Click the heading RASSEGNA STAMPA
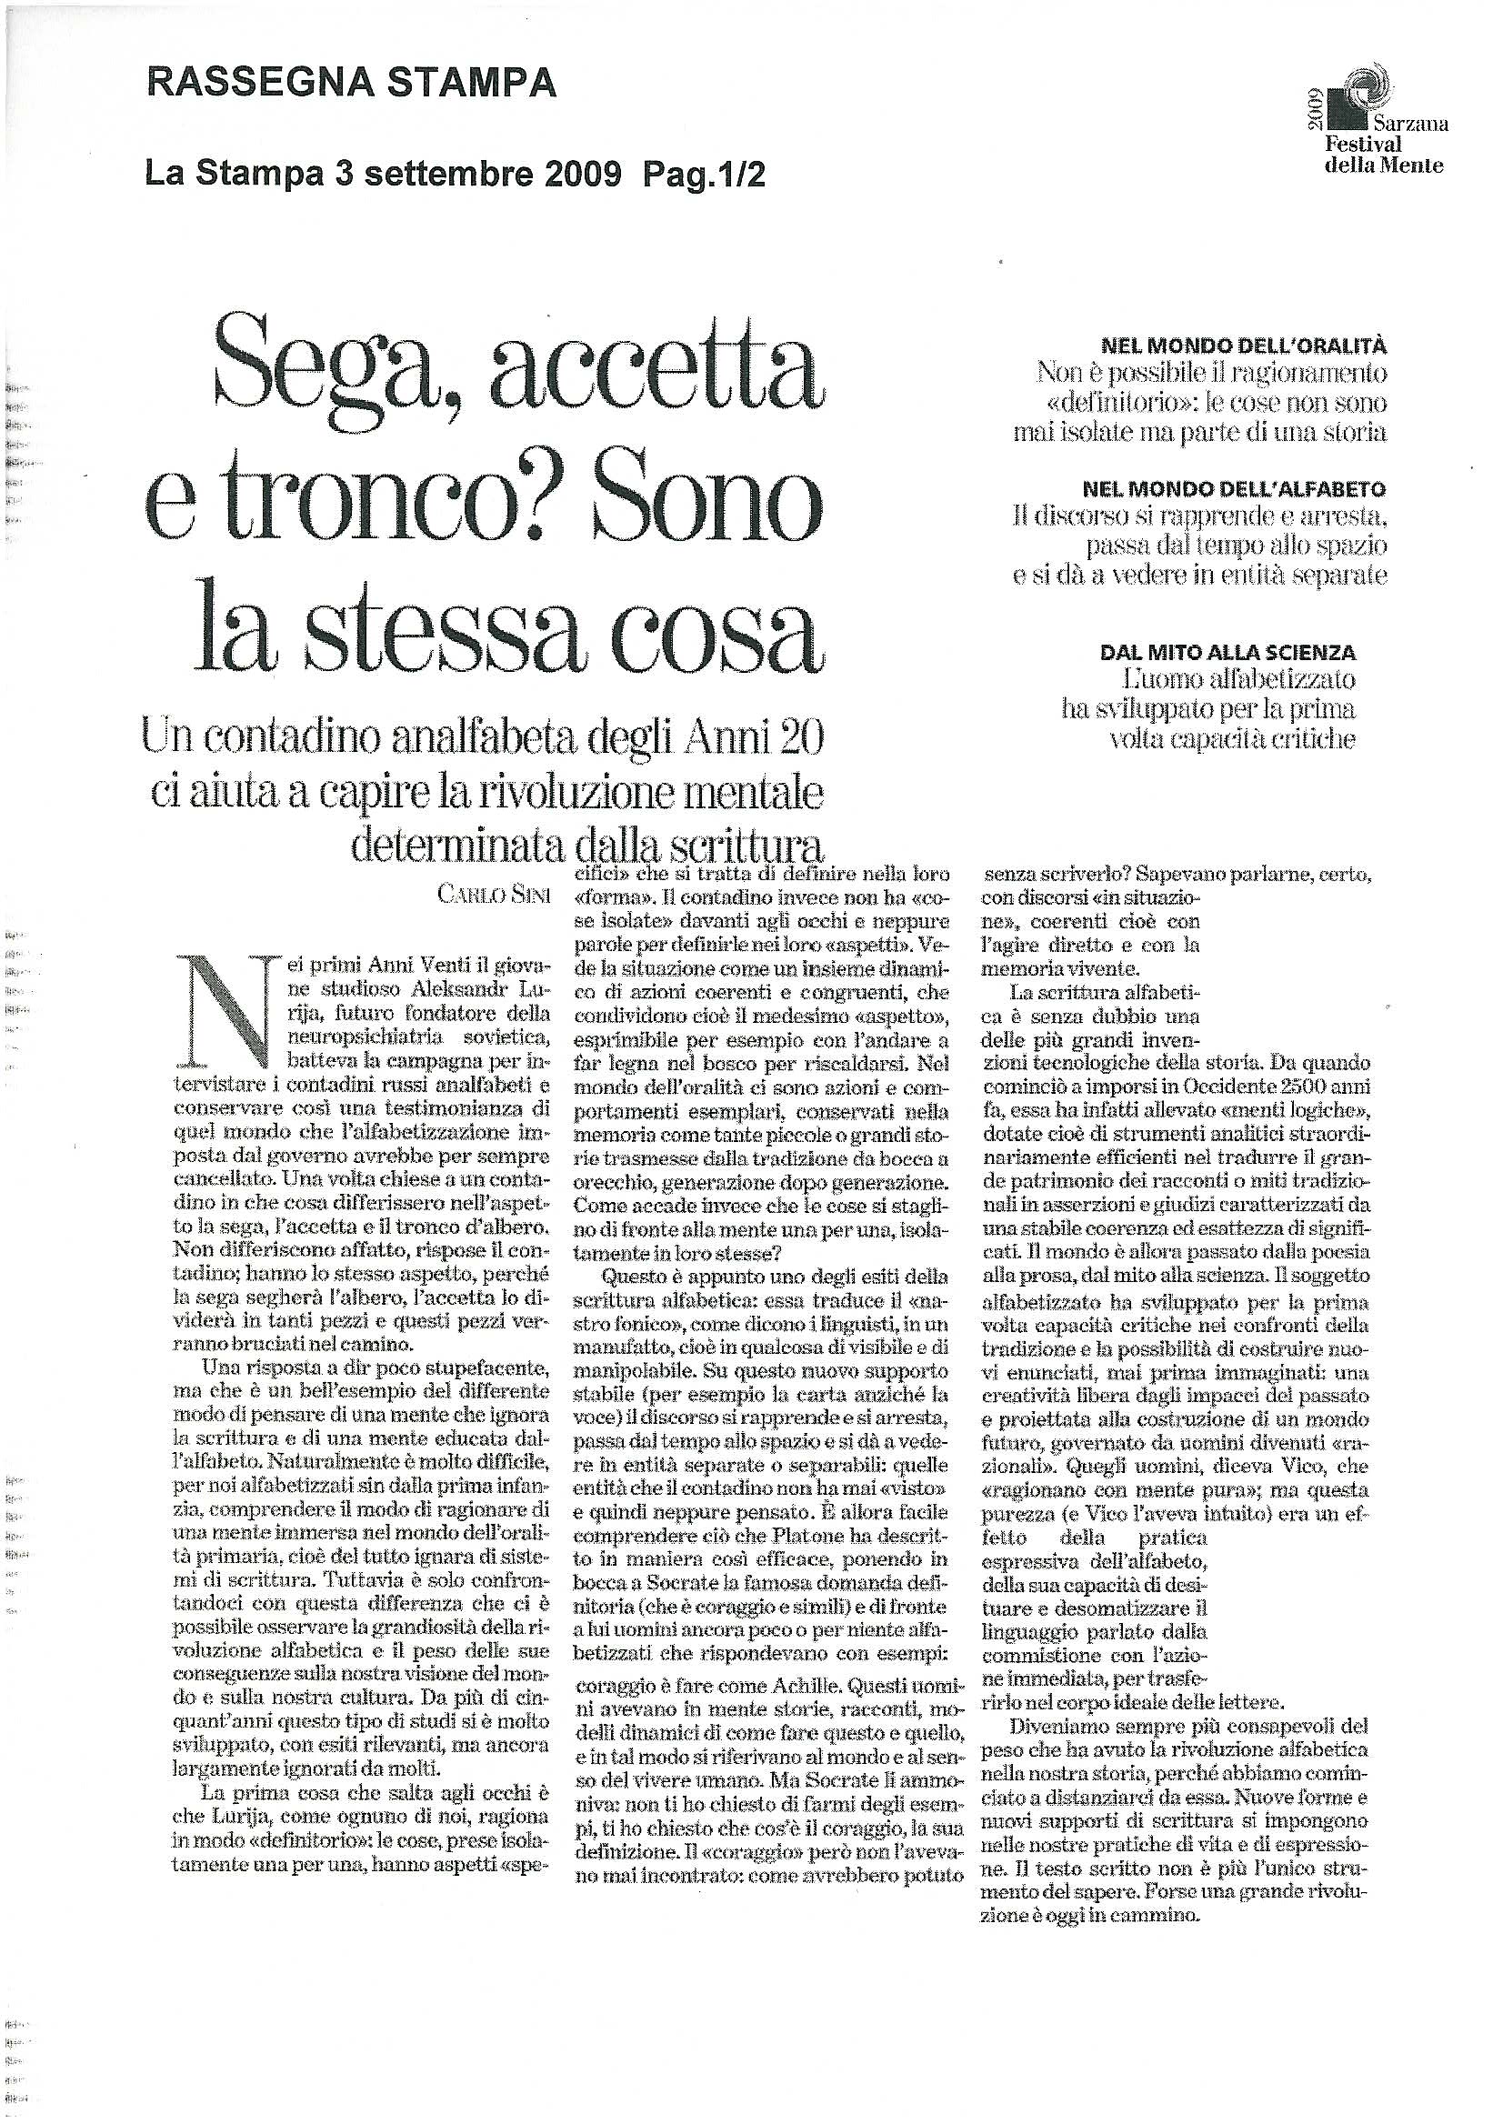click(x=352, y=85)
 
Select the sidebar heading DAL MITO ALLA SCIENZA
click(x=1227, y=653)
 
